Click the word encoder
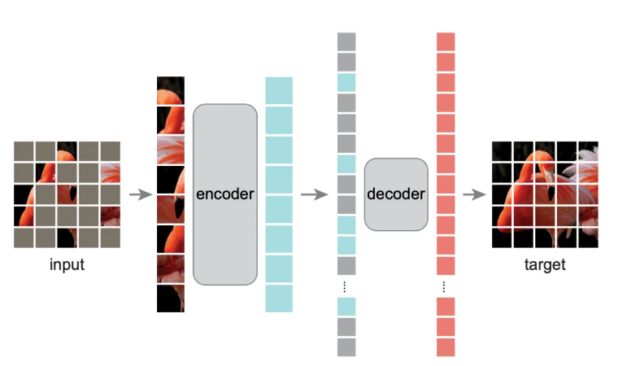click(x=225, y=194)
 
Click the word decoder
click(x=396, y=194)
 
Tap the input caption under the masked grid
click(x=67, y=264)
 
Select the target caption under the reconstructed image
click(x=545, y=264)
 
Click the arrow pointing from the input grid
click(x=141, y=194)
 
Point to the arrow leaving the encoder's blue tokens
click(x=312, y=194)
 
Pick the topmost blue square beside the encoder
click(x=279, y=89)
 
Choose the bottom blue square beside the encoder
click(x=279, y=298)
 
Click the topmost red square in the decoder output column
click(x=446, y=41)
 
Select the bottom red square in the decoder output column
click(x=446, y=347)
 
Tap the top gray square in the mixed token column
click(x=346, y=41)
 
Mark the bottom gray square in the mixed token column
click(x=346, y=347)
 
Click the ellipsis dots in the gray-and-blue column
click(x=345, y=286)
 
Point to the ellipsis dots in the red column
click(x=444, y=286)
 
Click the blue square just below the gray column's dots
click(x=346, y=307)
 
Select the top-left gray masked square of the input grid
click(x=24, y=151)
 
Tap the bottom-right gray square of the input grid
click(x=110, y=237)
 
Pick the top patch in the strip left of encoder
click(x=171, y=90)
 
